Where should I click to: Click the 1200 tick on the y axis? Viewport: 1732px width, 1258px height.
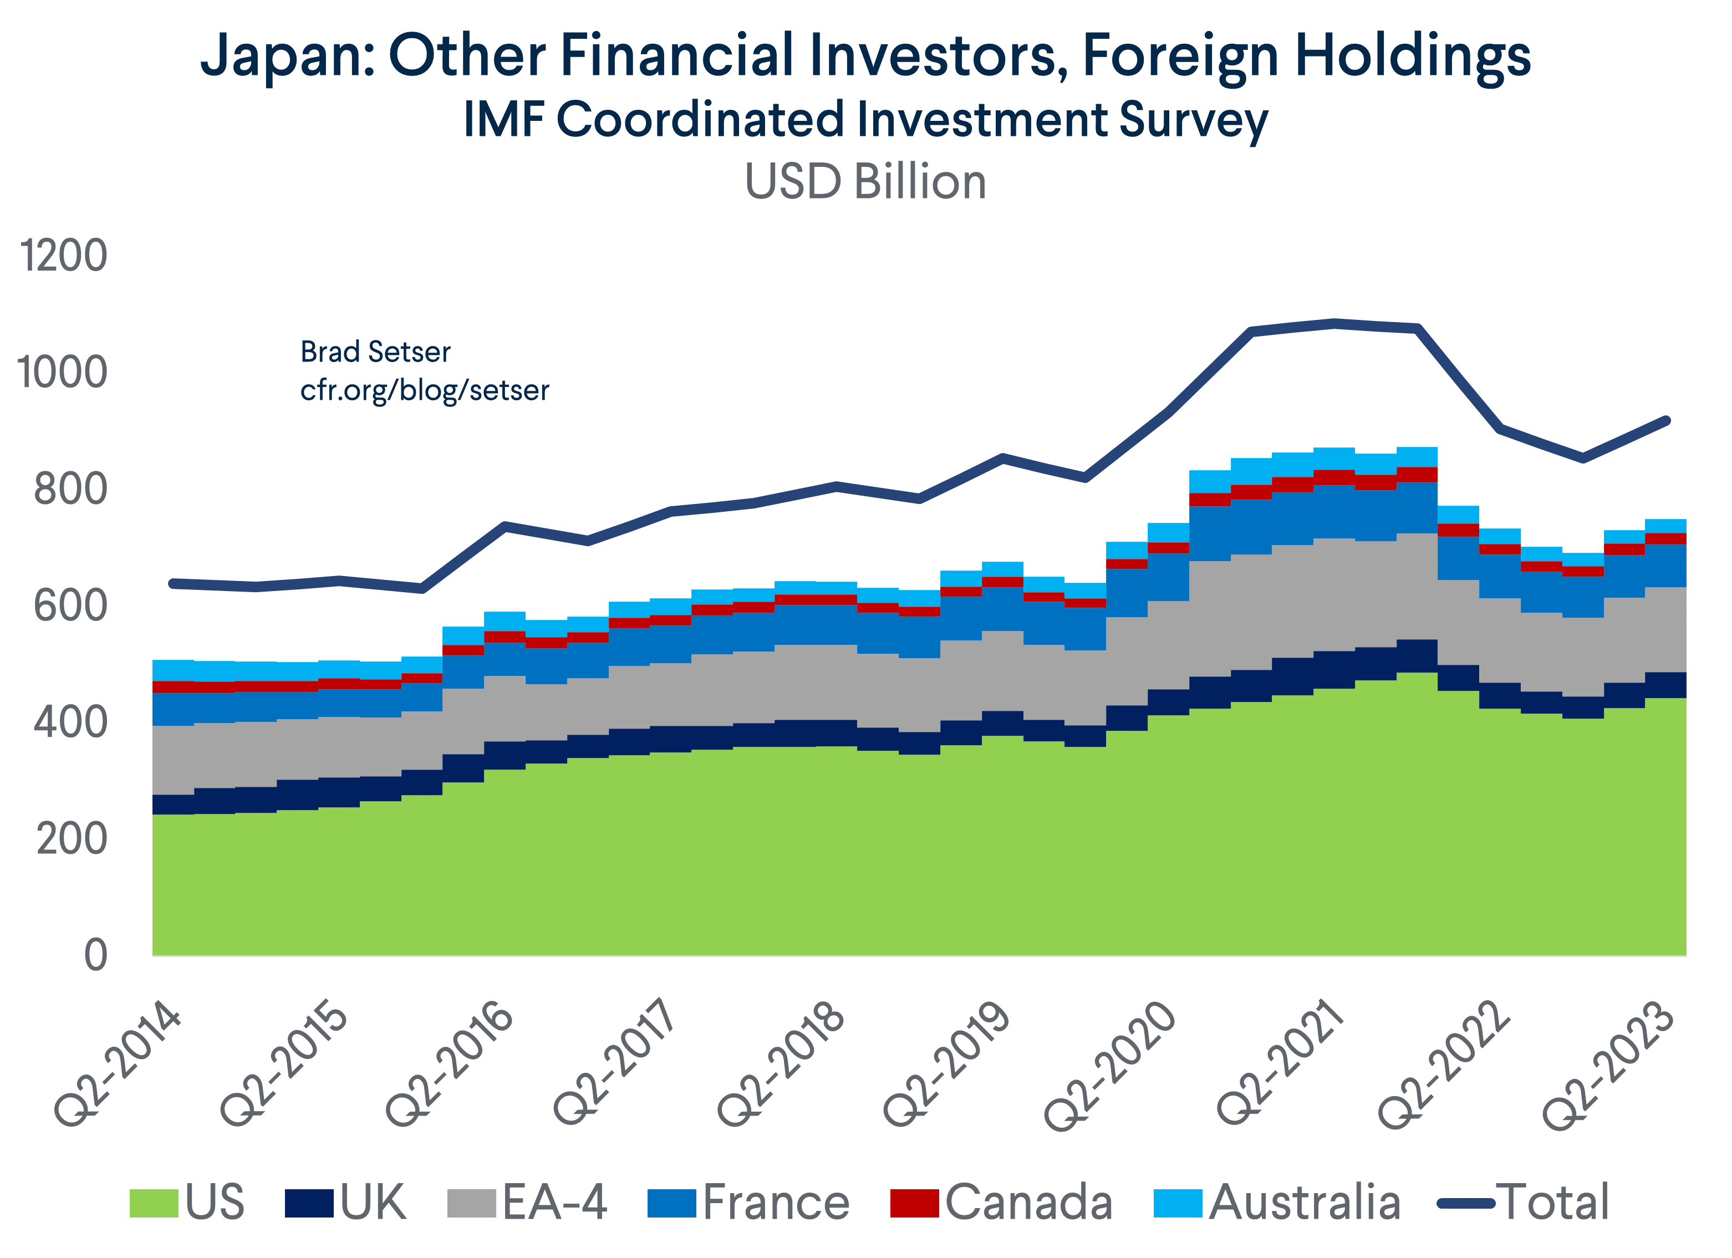pyautogui.click(x=63, y=256)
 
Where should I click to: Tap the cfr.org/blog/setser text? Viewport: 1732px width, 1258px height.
pyautogui.click(x=425, y=390)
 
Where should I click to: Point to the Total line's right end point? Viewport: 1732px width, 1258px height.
pyautogui.click(x=1667, y=421)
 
